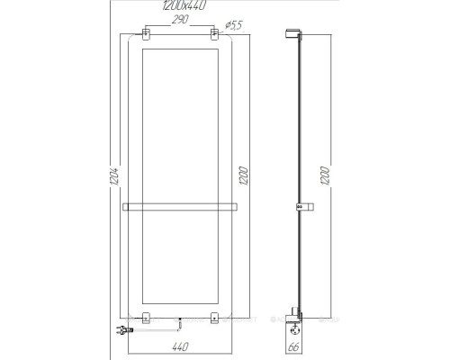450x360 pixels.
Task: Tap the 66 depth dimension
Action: pyautogui.click(x=292, y=345)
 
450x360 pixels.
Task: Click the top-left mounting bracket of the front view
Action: pyautogui.click(x=145, y=39)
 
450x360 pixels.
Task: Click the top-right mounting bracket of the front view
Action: pyautogui.click(x=214, y=39)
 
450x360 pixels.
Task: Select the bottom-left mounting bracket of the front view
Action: pyautogui.click(x=145, y=317)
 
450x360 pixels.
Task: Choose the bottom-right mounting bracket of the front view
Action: pyautogui.click(x=214, y=317)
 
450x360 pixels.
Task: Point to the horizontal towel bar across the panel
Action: pyautogui.click(x=180, y=207)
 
